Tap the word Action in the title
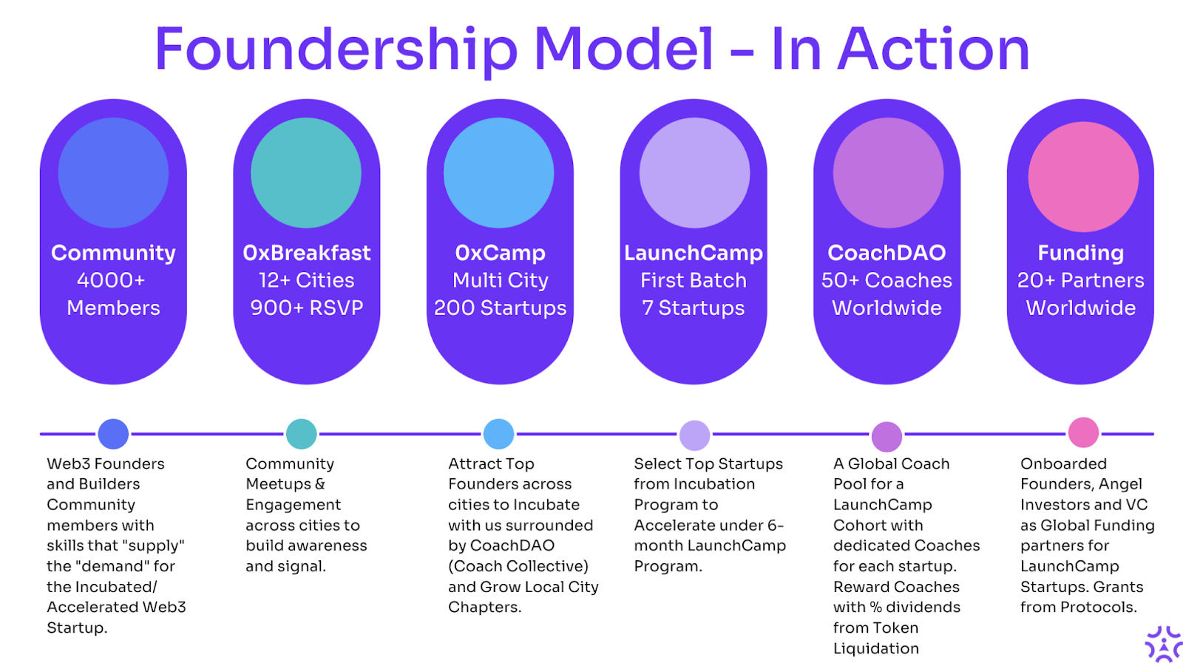click(x=934, y=49)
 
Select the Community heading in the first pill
click(x=113, y=254)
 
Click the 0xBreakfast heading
click(x=306, y=253)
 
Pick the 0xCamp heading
click(x=500, y=254)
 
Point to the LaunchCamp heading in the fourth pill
click(x=694, y=254)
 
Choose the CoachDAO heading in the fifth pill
click(x=887, y=253)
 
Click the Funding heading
click(x=1080, y=254)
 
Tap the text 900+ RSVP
click(x=306, y=308)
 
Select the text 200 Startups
click(x=500, y=308)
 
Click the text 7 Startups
click(x=694, y=308)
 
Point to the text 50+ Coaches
click(x=887, y=280)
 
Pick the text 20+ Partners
click(x=1080, y=280)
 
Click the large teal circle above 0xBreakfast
click(x=306, y=173)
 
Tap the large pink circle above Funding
click(x=1083, y=177)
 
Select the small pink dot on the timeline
click(x=1083, y=432)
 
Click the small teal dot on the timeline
click(x=301, y=434)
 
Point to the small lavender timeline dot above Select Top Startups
click(x=694, y=435)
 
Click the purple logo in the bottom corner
click(x=1164, y=644)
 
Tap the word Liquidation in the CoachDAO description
click(x=876, y=648)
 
